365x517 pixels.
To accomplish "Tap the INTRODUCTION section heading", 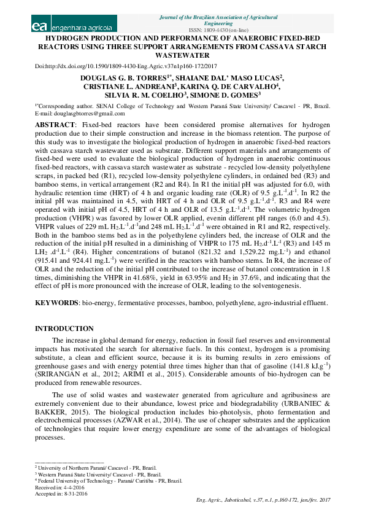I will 64,329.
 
